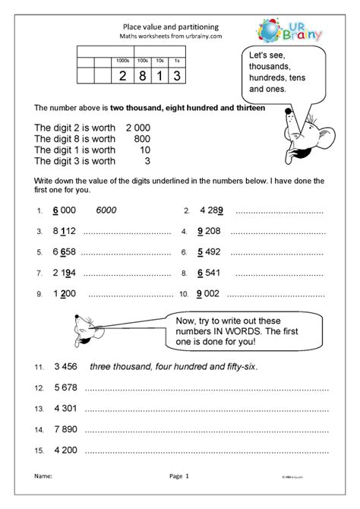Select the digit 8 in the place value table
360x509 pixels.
(140, 75)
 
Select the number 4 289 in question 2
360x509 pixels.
(211, 210)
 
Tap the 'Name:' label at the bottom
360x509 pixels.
(45, 497)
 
